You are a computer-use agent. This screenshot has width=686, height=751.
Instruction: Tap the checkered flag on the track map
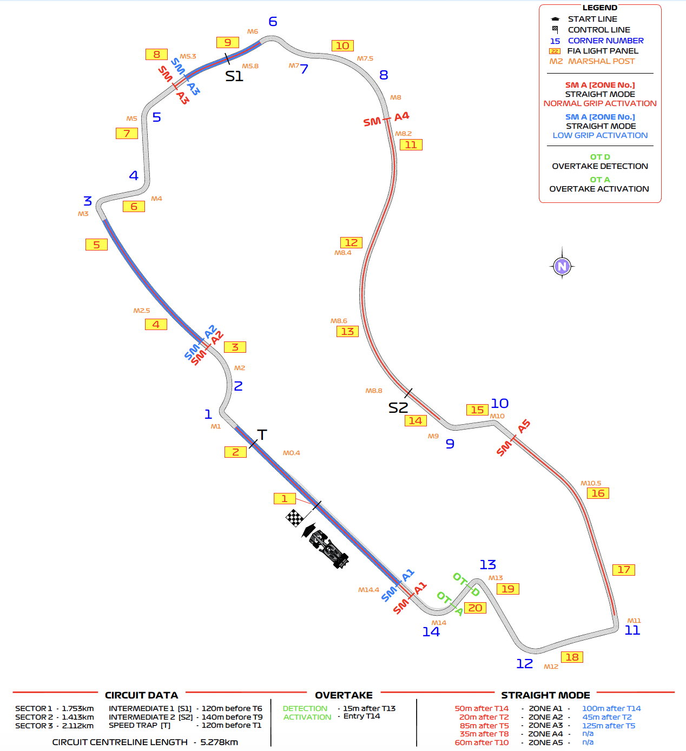[294, 518]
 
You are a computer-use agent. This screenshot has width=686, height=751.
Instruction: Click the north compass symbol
[562, 266]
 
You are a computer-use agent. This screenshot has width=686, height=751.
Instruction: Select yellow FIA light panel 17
[624, 570]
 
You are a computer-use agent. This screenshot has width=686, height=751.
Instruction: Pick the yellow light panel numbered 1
[285, 499]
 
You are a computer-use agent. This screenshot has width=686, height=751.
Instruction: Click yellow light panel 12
[351, 243]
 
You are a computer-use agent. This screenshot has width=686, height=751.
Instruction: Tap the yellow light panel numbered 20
[475, 608]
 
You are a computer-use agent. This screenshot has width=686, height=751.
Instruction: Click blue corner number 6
[273, 22]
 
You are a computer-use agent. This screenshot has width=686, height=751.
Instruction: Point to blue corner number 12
[524, 664]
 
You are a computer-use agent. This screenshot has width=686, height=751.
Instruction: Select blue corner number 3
[88, 201]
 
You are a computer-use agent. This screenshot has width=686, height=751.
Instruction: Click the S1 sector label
[234, 77]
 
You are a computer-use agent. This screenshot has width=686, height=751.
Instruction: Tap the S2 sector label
[398, 408]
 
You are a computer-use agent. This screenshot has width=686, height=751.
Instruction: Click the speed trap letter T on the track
[262, 435]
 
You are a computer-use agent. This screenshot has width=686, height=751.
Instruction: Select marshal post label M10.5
[591, 483]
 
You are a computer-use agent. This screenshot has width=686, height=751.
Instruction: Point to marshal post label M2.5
[142, 311]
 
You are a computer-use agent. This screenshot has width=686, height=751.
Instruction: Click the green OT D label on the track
[466, 584]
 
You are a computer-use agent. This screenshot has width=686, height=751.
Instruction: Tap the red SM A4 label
[386, 119]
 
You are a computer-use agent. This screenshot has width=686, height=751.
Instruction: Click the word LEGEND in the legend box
[599, 8]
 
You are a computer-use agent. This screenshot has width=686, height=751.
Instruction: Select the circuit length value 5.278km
[219, 742]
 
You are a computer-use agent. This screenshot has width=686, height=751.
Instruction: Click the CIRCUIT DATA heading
[141, 695]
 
